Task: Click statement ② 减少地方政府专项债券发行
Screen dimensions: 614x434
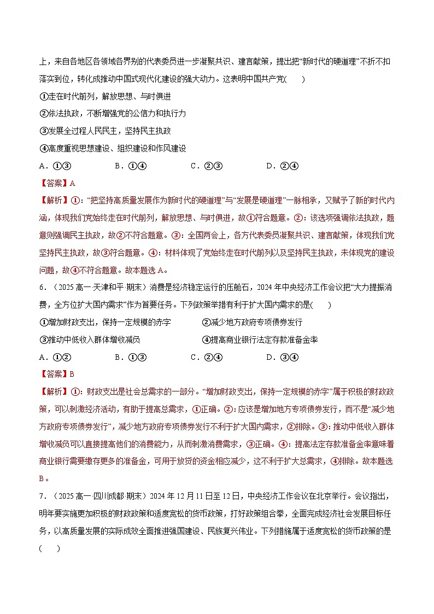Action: (x=252, y=323)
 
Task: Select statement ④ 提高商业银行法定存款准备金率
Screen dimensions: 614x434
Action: (x=260, y=340)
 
